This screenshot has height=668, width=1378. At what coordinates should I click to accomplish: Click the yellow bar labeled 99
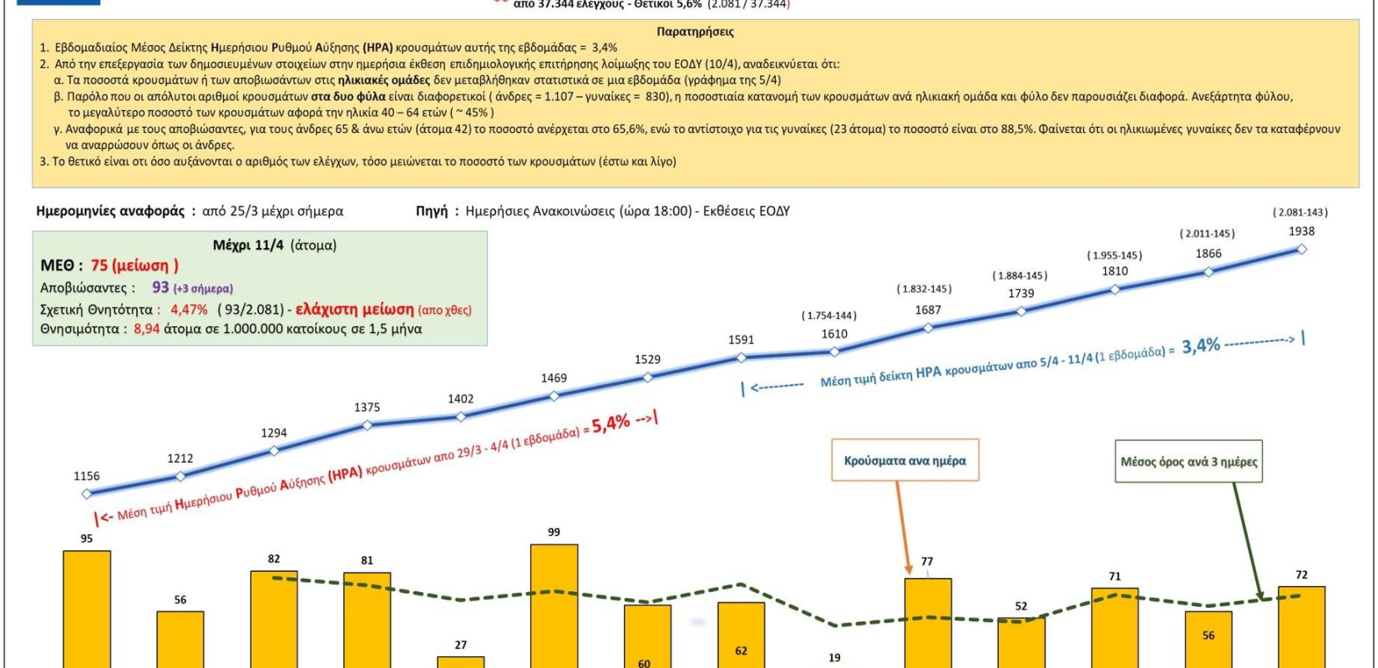554,605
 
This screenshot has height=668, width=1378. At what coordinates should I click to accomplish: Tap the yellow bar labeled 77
927,622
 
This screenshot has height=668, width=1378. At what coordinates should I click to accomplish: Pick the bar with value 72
1301,626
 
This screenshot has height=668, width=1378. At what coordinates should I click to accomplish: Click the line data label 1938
1301,231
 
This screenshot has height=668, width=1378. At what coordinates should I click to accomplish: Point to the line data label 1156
87,476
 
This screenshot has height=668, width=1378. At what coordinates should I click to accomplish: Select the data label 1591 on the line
741,340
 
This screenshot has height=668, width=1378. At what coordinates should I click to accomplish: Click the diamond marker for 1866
1208,271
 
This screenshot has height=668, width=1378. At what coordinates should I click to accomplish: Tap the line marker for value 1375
367,425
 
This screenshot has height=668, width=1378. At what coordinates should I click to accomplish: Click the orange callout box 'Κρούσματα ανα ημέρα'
904,461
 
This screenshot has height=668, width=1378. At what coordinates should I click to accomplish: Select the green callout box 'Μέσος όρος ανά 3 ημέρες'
1188,462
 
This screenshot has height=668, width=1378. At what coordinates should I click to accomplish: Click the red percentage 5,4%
610,424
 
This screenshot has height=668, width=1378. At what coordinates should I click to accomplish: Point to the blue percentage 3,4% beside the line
1201,346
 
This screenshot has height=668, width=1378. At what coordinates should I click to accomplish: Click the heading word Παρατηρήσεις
695,32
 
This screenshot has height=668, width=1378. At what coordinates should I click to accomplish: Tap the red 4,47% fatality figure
189,310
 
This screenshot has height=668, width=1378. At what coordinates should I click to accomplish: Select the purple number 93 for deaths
160,287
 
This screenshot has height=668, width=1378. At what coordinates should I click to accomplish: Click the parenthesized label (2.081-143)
1299,212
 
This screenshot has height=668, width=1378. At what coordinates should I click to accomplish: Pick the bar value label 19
834,658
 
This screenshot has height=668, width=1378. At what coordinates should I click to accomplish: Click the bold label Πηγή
432,211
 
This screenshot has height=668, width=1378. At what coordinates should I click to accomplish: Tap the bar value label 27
461,645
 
